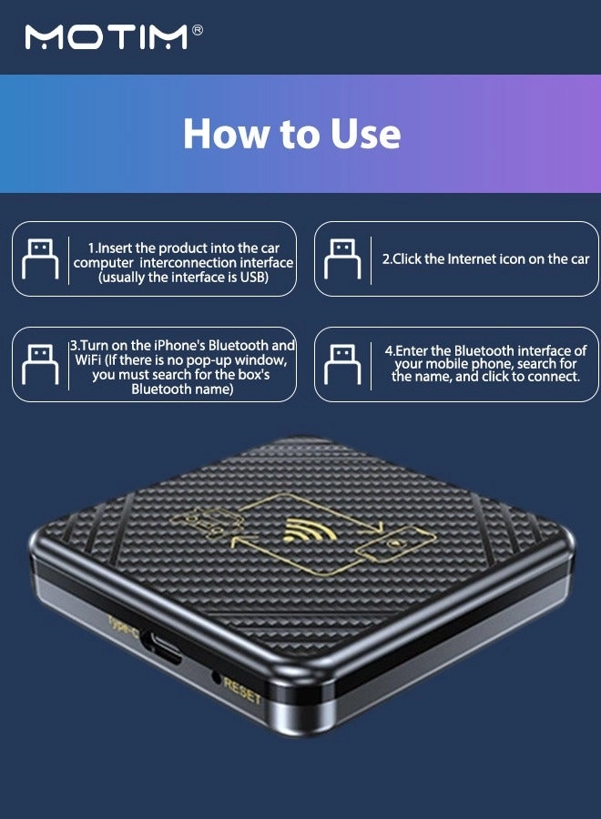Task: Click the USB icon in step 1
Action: coord(39,258)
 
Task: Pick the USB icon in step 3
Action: coord(39,364)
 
